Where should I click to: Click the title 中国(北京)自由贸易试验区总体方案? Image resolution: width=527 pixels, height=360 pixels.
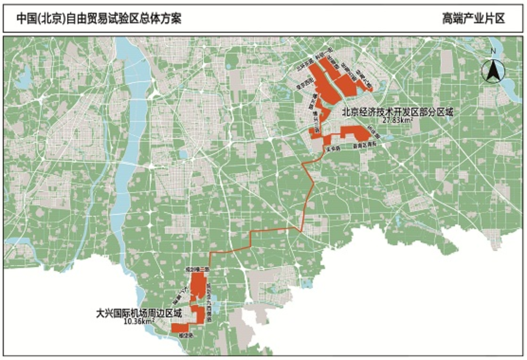coord(99,18)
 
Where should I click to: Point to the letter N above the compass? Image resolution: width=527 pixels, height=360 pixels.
coord(493,51)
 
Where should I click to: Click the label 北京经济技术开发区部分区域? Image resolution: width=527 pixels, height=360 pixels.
coord(398,113)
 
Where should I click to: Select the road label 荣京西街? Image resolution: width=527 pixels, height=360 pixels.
coord(300,86)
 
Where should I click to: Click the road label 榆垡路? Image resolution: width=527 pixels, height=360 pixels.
coord(185,335)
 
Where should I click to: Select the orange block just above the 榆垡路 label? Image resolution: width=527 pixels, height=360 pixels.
coord(180,327)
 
